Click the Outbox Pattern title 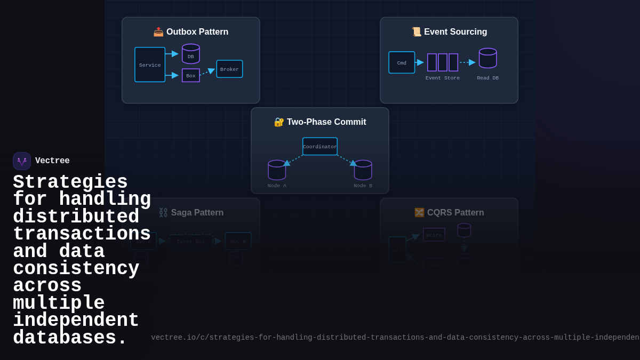(191, 32)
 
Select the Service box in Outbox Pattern (150, 65)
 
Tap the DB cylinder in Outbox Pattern (191, 54)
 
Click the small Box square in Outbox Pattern (191, 75)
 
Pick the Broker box (229, 69)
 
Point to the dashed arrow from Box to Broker (207, 71)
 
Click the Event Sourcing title (449, 32)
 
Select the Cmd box (402, 62)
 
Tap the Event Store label (443, 78)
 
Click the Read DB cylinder (487, 58)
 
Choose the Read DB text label (487, 78)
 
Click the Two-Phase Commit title (320, 122)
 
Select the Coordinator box (320, 147)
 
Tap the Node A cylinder (277, 170)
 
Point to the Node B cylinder (363, 170)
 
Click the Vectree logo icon (22, 161)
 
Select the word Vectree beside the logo (52, 161)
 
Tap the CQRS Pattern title (449, 213)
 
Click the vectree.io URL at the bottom (395, 338)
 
